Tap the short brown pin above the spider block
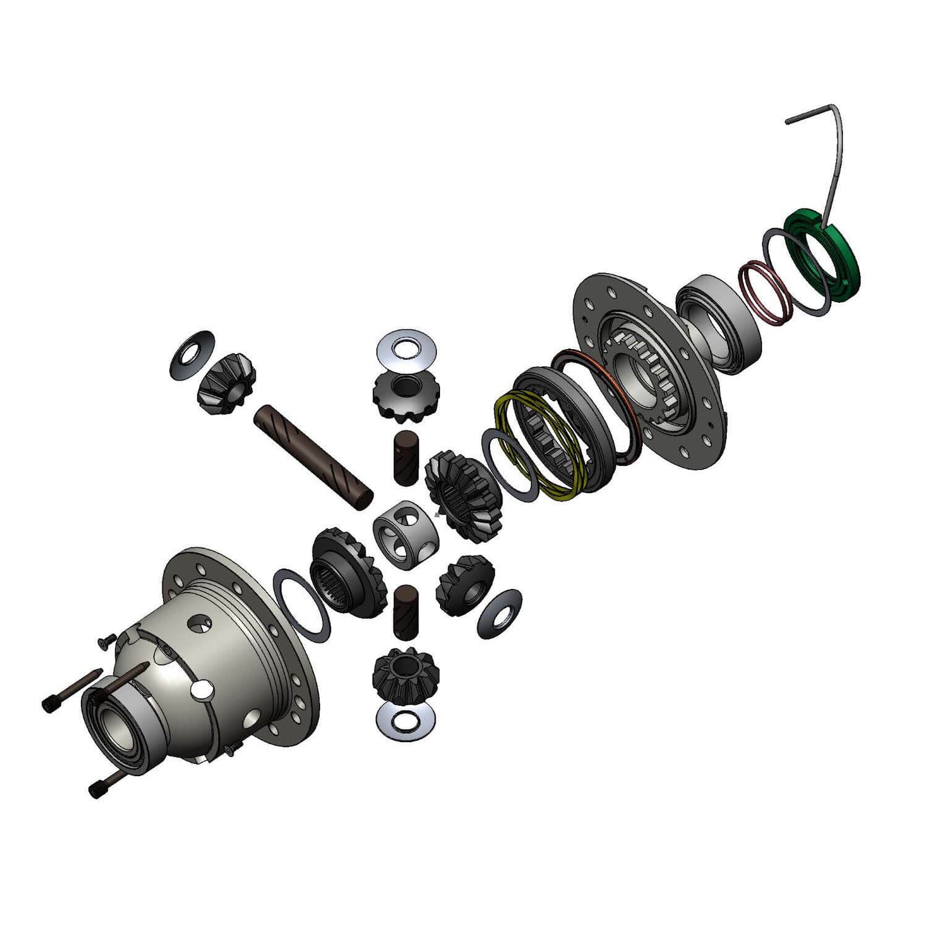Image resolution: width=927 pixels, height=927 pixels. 405,456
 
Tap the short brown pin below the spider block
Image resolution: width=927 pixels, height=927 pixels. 405,611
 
